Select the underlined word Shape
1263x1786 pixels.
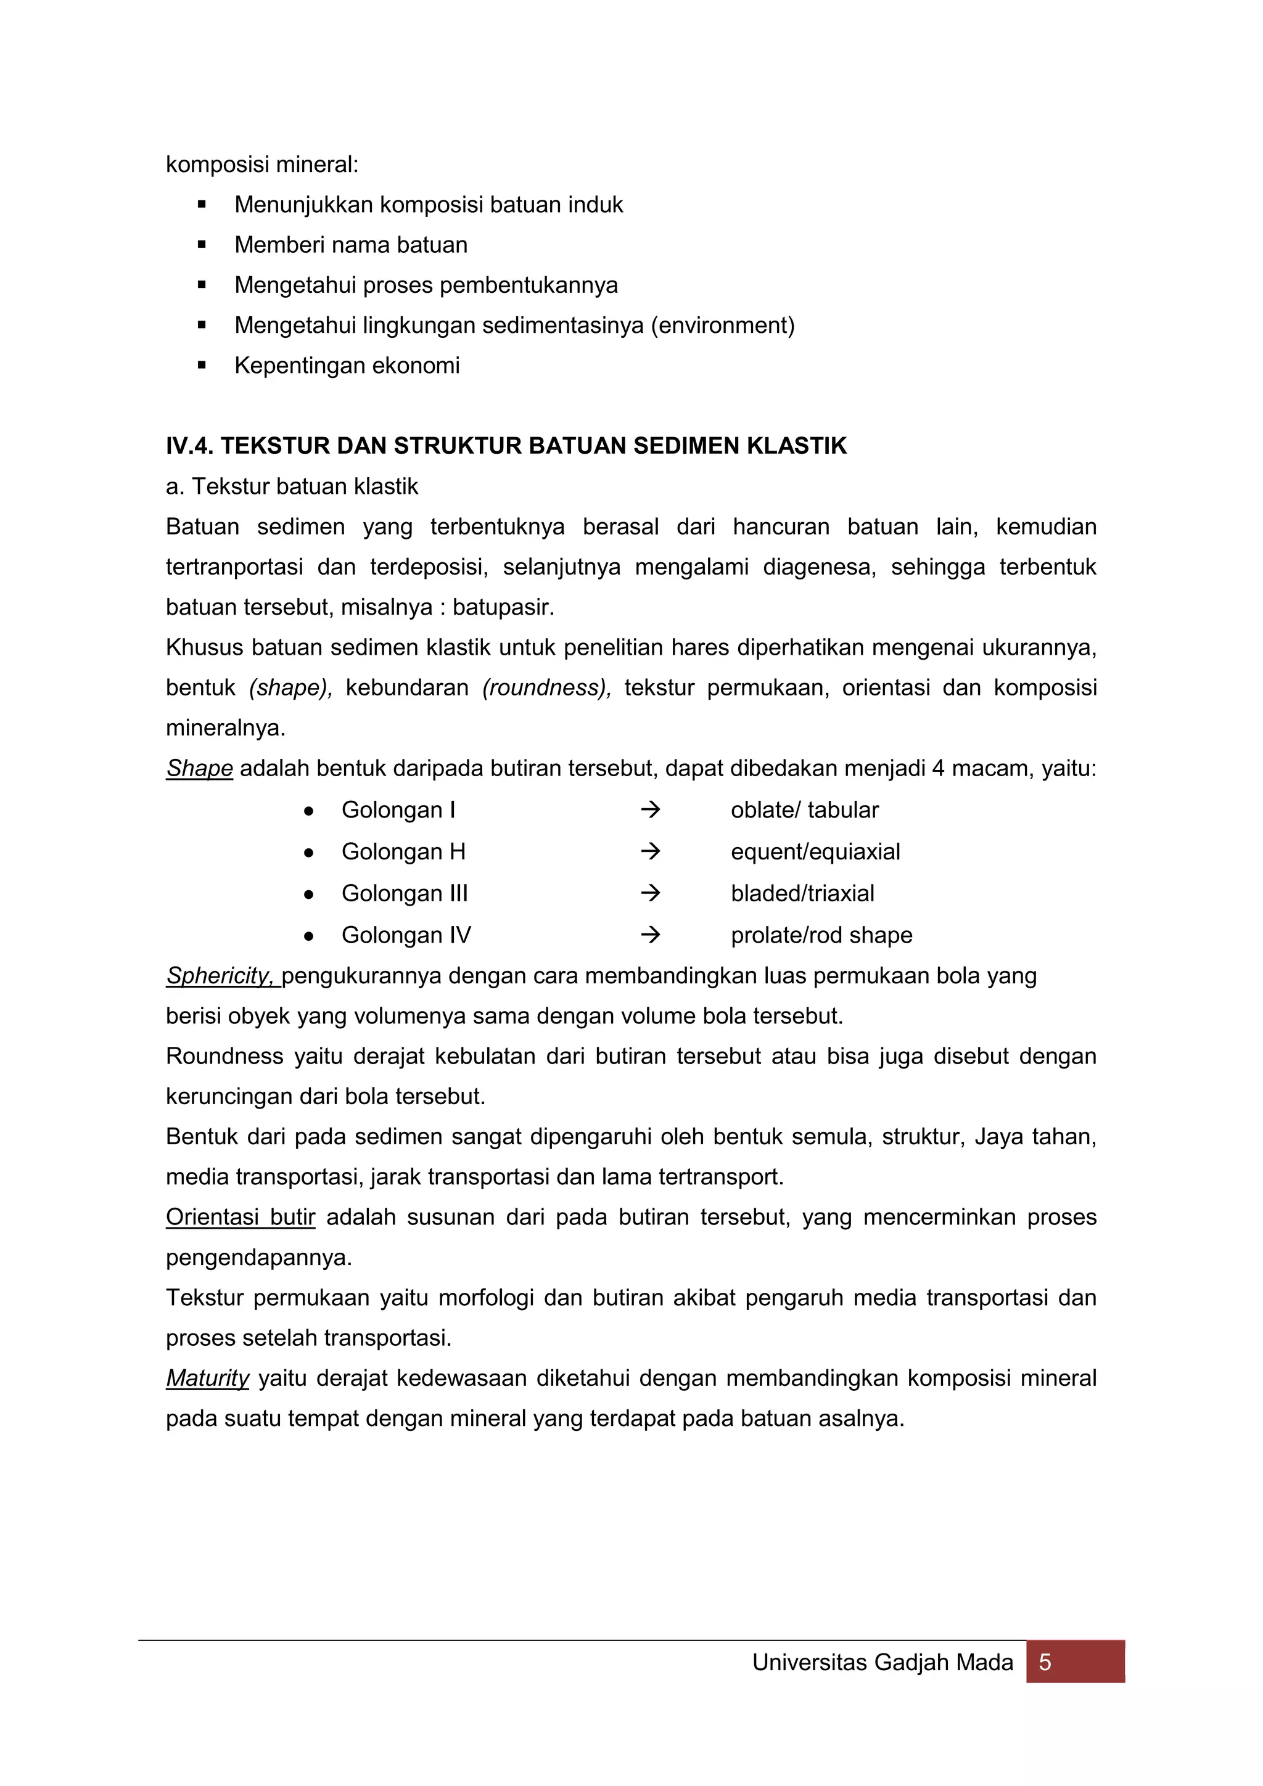(x=199, y=769)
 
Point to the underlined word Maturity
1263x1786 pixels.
(x=207, y=1378)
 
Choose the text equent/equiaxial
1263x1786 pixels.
(x=815, y=852)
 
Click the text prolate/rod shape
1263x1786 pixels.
(x=821, y=935)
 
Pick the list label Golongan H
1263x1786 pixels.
(x=403, y=852)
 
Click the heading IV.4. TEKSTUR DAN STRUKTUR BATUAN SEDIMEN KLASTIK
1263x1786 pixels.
(x=506, y=446)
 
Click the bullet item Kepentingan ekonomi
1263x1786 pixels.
(x=347, y=366)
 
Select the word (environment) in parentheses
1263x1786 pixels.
(x=722, y=325)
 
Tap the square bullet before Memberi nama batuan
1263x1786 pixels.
(x=202, y=245)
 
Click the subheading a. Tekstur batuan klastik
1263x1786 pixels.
(x=292, y=486)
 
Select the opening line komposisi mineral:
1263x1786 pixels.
(x=262, y=165)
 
